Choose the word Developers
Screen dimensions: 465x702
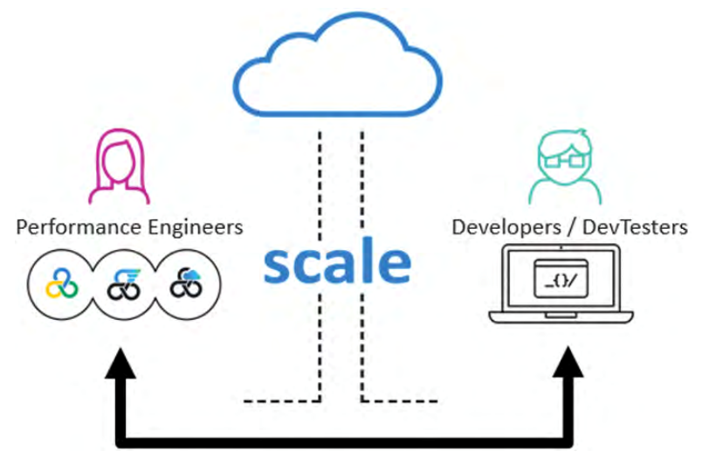[x=500, y=229]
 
